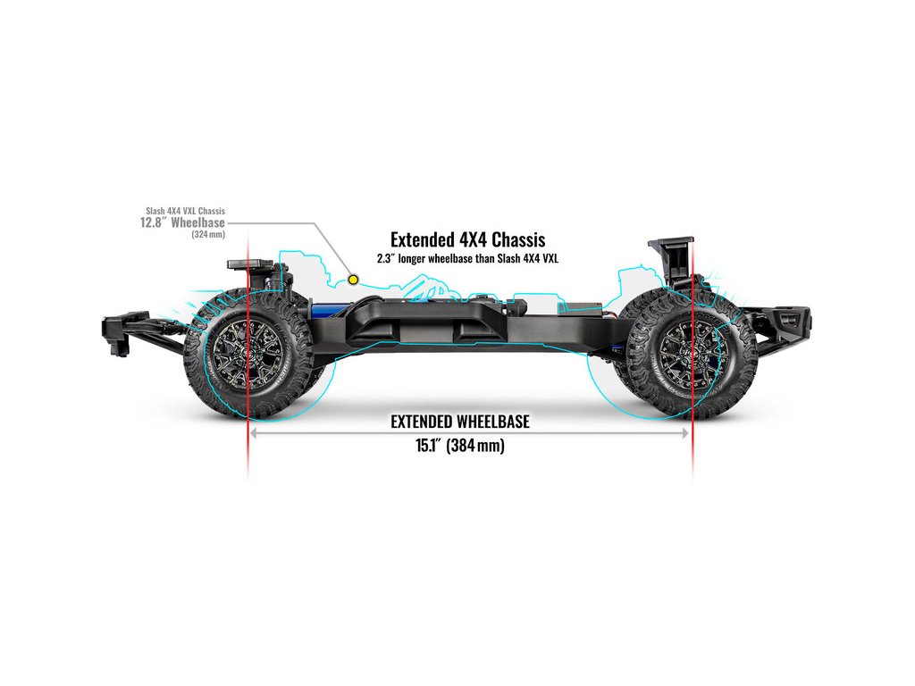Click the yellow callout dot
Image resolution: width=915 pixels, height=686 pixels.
tap(354, 280)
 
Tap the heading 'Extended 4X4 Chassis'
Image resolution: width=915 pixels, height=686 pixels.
tap(467, 239)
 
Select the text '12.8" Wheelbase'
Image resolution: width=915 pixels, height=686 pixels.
tap(182, 222)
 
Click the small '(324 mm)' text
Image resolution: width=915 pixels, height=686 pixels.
tap(208, 235)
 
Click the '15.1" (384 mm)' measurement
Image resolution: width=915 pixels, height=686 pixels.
tap(460, 446)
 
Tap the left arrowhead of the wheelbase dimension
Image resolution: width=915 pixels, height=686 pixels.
tap(254, 433)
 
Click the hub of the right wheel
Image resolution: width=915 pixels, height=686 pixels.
tap(688, 351)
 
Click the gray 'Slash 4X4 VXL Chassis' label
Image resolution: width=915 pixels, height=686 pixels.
tap(185, 211)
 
